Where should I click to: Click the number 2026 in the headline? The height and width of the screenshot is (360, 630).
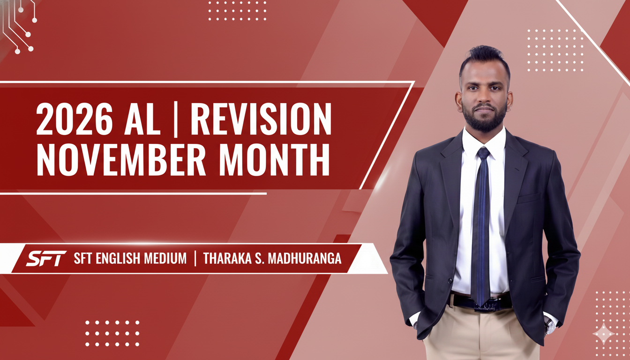click(75, 119)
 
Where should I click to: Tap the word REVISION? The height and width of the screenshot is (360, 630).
click(261, 119)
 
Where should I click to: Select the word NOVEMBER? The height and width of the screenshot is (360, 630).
click(121, 159)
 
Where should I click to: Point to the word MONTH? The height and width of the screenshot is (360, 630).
click(274, 159)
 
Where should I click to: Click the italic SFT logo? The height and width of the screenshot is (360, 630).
click(46, 258)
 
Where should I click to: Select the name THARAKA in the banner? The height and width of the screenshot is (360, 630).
click(227, 258)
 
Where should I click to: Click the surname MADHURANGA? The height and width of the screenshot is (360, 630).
click(305, 258)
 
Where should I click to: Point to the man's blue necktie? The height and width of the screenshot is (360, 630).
click(481, 225)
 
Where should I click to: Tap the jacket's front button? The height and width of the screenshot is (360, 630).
click(450, 281)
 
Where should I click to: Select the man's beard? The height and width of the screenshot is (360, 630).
click(484, 118)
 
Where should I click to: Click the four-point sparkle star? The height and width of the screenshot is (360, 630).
click(604, 334)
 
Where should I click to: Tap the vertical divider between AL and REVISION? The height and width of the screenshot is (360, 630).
click(176, 120)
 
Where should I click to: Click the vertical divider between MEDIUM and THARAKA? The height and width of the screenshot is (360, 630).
click(195, 258)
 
